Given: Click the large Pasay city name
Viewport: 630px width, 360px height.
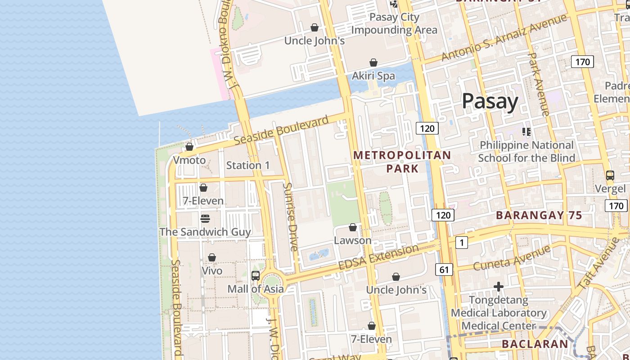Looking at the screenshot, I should tap(490, 101).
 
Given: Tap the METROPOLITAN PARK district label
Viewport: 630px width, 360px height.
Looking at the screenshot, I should tap(402, 162).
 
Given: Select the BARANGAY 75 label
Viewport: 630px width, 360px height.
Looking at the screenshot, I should tap(539, 216).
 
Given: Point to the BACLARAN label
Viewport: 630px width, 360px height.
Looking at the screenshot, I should tap(535, 344).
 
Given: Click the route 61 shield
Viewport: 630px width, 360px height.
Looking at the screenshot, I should tap(444, 270).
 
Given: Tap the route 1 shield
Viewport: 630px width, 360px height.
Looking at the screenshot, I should tap(461, 243).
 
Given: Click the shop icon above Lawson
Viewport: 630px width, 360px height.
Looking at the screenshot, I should tap(353, 228).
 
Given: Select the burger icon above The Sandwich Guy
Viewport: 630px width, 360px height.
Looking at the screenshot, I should tap(205, 219).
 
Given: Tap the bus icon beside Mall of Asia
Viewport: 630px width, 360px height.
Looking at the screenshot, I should tap(256, 275).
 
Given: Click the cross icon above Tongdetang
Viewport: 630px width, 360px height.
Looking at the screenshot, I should tap(499, 287).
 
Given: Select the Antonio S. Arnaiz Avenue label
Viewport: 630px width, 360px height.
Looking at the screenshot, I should tap(504, 38).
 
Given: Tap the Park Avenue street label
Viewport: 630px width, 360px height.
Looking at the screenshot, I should tap(538, 84).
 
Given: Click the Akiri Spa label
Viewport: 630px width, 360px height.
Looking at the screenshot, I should tap(373, 76).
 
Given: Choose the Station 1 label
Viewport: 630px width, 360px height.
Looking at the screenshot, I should tap(248, 165).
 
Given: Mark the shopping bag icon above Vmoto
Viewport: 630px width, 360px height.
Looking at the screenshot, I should tap(189, 147).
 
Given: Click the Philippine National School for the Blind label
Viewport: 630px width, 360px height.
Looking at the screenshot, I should tap(526, 152).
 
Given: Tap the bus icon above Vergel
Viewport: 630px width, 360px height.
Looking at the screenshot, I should tap(610, 175).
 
